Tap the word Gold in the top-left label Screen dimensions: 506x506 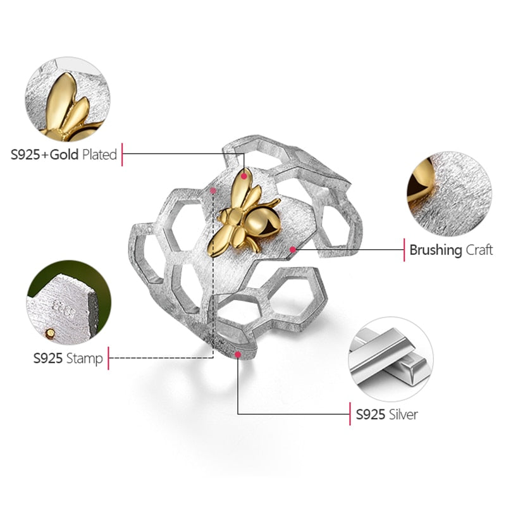[x=65, y=154]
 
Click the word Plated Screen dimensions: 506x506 [x=99, y=154]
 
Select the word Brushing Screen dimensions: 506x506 [x=436, y=250]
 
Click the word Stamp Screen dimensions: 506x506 [x=85, y=359]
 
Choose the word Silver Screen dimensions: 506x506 [x=403, y=414]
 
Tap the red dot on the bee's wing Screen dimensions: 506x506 [x=244, y=176]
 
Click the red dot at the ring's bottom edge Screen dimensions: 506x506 [x=238, y=355]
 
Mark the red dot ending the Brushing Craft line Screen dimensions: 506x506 [x=293, y=249]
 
